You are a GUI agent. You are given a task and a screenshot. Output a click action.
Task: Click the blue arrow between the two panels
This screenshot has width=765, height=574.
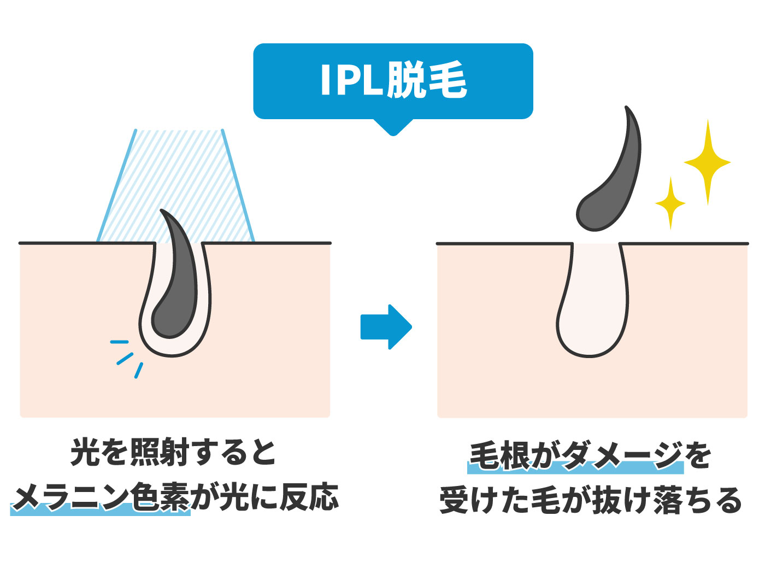(x=386, y=326)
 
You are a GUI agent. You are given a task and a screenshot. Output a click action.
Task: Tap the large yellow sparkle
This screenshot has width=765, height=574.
(x=707, y=162)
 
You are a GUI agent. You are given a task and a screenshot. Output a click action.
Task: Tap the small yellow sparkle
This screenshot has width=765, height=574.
(x=670, y=203)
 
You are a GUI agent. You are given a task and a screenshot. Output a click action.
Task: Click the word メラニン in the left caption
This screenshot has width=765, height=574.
(x=71, y=498)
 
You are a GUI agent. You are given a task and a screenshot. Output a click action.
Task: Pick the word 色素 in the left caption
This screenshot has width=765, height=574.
(x=161, y=498)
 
